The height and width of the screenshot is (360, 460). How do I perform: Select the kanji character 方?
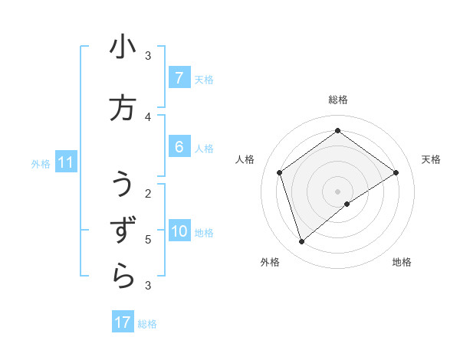point(123,108)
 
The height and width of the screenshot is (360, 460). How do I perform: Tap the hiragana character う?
point(123,185)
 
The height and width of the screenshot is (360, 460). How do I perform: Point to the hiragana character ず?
point(123,230)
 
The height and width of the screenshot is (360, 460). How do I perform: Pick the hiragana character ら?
point(123,276)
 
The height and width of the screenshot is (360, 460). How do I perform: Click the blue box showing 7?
point(179,78)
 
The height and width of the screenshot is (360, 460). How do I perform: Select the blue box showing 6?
point(179,147)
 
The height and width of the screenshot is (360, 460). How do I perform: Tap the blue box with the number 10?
point(179,231)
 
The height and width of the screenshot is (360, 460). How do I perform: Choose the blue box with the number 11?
point(66,162)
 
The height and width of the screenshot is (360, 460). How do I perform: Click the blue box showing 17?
point(123,322)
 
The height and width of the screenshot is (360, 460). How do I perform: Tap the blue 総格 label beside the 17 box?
point(147,323)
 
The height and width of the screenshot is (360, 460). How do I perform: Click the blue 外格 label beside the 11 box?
point(41,163)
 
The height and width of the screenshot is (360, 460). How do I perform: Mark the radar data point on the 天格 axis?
point(396,172)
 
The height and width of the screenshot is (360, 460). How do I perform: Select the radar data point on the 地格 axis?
point(347,204)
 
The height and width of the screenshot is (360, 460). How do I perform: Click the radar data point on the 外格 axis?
point(301,242)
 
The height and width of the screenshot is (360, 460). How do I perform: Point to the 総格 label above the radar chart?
point(338,100)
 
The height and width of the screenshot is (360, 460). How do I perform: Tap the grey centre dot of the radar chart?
point(338,191)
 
